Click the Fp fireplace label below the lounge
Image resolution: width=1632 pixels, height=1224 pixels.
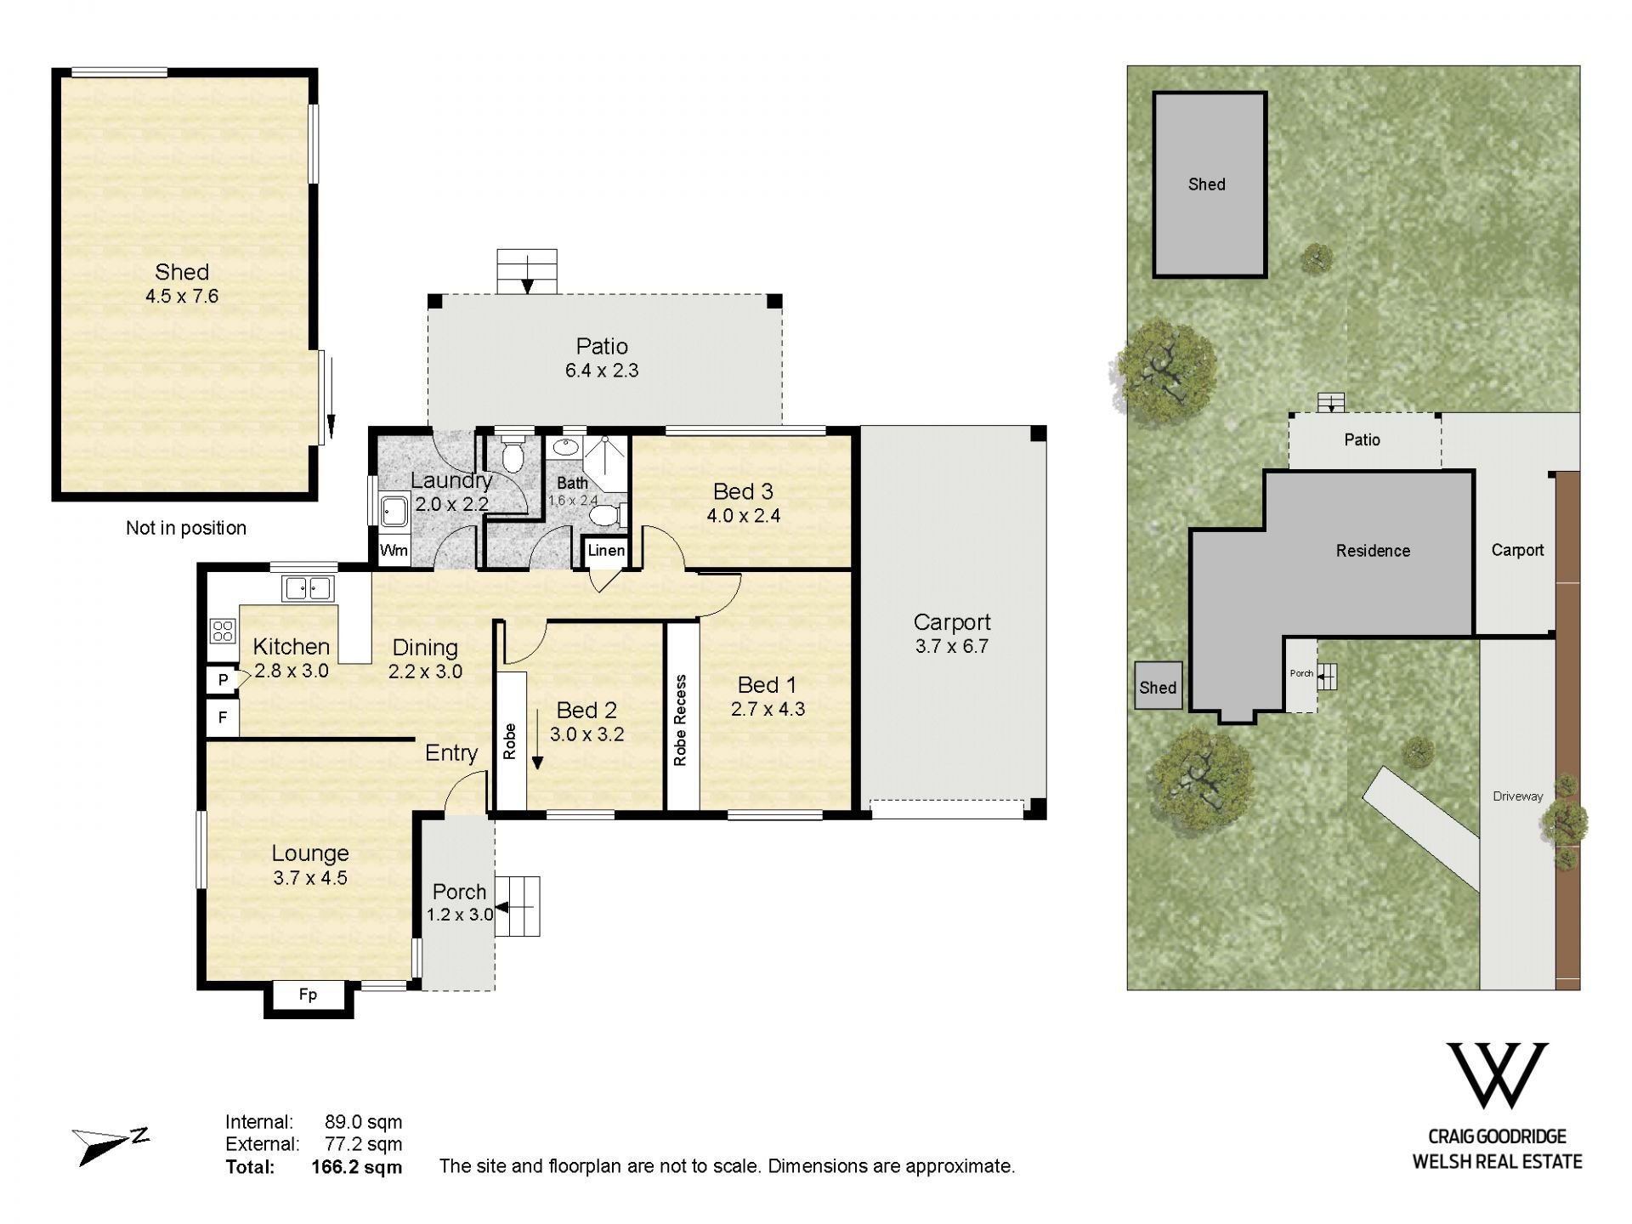(x=308, y=994)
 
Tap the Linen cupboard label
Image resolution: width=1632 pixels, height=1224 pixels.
(x=606, y=550)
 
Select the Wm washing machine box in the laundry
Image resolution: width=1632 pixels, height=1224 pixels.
(x=394, y=550)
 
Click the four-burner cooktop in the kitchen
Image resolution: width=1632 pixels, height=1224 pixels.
(x=223, y=631)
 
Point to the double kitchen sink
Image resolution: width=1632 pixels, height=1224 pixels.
(x=308, y=587)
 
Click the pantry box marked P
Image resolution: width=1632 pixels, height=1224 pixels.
(x=223, y=680)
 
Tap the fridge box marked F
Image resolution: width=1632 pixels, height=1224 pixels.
(x=223, y=718)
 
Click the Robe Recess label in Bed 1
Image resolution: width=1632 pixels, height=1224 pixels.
(x=680, y=720)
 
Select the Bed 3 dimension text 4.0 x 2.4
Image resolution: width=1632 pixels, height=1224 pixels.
(x=743, y=515)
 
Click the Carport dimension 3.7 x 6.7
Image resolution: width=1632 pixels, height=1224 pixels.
(x=952, y=646)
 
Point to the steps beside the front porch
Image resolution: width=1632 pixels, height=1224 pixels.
(x=518, y=906)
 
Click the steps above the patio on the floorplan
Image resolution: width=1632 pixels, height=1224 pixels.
(x=527, y=271)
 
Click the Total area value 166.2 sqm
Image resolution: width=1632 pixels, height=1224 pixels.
(x=357, y=1167)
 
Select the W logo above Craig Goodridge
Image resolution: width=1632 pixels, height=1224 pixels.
(x=1497, y=1075)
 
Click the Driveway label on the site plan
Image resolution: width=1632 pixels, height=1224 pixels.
(x=1517, y=796)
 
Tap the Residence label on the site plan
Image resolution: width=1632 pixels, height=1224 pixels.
(x=1373, y=551)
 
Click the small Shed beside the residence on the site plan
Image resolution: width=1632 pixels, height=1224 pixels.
(x=1159, y=686)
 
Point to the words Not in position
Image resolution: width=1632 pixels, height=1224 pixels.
(x=186, y=528)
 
